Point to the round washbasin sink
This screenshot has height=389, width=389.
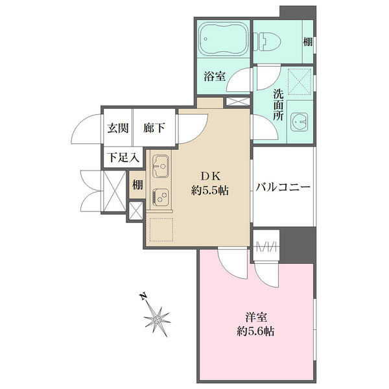[x=300, y=121]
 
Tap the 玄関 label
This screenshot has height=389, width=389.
[x=117, y=128]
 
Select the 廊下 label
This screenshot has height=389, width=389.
[x=153, y=128]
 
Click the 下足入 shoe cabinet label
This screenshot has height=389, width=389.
[x=121, y=157]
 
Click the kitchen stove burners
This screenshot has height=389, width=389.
[x=161, y=196]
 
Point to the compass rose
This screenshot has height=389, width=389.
[x=158, y=319]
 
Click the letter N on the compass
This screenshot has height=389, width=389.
[x=143, y=298]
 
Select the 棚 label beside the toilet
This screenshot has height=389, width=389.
[x=308, y=42]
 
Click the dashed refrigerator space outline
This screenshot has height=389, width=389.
[x=161, y=230]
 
